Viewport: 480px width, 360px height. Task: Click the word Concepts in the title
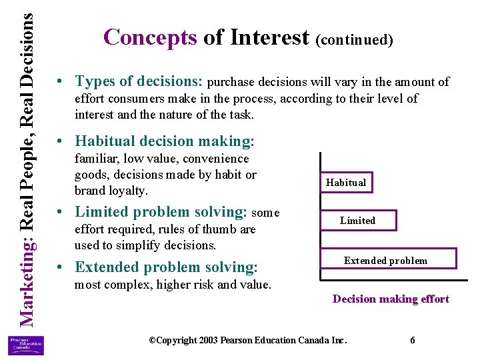150,37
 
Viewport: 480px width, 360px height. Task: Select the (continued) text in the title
355,40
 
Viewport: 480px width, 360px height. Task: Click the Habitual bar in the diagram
345,182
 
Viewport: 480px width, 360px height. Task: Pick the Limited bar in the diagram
358,221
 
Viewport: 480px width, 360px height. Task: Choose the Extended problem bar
385,260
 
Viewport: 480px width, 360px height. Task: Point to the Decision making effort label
391,299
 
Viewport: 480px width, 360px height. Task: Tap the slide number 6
413,340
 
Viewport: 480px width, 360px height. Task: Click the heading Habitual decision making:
165,141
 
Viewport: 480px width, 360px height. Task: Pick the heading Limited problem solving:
161,212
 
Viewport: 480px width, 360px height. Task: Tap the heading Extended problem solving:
166,267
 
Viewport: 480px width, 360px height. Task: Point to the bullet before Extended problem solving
61,268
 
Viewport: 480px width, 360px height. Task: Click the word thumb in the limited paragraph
217,229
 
